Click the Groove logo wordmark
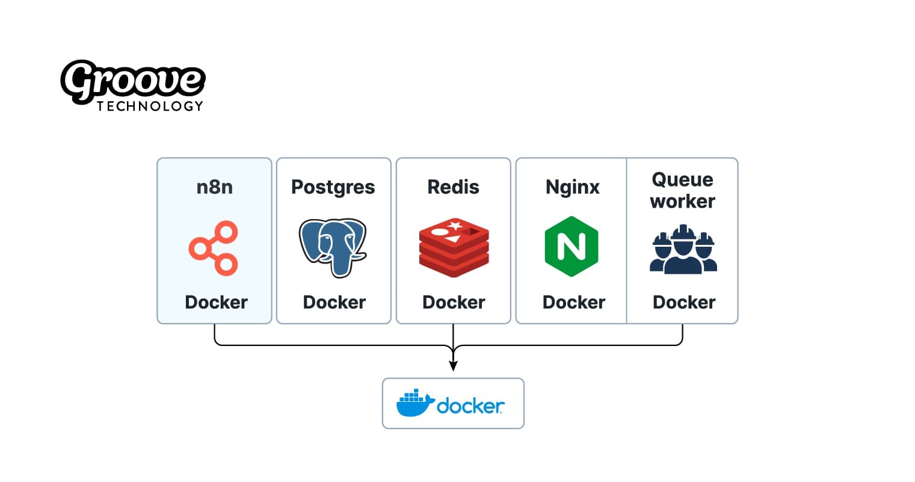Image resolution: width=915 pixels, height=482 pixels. point(132,81)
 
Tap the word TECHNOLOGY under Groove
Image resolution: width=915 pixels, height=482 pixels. point(150,106)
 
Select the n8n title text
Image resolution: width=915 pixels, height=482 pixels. point(214,187)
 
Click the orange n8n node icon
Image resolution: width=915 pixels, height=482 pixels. point(214,248)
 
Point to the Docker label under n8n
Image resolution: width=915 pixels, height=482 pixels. point(216,302)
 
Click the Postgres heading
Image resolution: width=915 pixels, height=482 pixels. point(333,187)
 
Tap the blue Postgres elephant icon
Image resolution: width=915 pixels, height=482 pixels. point(333,247)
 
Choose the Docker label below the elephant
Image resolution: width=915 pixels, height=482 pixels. point(334,302)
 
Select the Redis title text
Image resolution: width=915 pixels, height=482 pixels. point(453,187)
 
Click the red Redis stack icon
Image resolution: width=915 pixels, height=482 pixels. point(454,248)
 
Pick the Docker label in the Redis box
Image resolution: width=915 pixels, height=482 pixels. point(454,302)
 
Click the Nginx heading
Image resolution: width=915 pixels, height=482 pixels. point(572,188)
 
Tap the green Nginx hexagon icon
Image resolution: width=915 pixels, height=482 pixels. point(571,247)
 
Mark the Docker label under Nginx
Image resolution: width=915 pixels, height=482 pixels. point(573,302)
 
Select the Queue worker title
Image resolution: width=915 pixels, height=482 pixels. point(683,190)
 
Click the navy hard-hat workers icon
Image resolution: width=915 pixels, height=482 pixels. point(683,249)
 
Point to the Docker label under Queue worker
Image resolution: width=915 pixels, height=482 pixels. point(684,302)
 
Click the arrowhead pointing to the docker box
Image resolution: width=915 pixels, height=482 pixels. point(453,366)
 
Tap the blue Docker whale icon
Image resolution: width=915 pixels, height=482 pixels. point(414,403)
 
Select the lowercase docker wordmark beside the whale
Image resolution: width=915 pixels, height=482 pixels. point(470,406)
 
